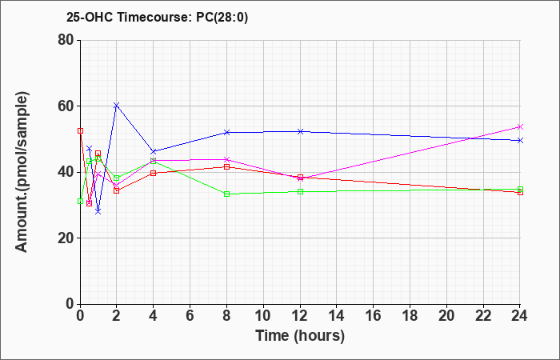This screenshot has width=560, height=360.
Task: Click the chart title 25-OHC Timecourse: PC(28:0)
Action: pyautogui.click(x=157, y=17)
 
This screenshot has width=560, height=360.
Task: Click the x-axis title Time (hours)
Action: pyautogui.click(x=300, y=336)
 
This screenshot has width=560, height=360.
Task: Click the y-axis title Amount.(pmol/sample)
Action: pyautogui.click(x=22, y=172)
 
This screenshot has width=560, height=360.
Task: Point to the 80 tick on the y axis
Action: pyautogui.click(x=66, y=40)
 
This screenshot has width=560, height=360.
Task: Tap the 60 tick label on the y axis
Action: pyautogui.click(x=66, y=106)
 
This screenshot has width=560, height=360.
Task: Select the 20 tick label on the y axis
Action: pyautogui.click(x=66, y=238)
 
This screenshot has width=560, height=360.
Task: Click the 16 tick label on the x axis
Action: pyautogui.click(x=374, y=315)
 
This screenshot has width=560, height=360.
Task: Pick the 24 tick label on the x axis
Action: pyautogui.click(x=520, y=315)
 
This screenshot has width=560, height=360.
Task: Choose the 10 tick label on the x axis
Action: pyautogui.click(x=263, y=315)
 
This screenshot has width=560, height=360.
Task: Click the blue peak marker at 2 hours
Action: pyautogui.click(x=117, y=105)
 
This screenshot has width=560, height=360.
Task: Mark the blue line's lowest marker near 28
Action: pyautogui.click(x=98, y=212)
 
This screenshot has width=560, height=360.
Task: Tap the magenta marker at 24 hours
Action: pyautogui.click(x=520, y=126)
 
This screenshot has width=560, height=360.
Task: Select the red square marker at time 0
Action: pyautogui.click(x=80, y=130)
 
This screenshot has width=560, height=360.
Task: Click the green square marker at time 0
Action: pyautogui.click(x=80, y=202)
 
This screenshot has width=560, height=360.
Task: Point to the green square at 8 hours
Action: pyautogui.click(x=226, y=194)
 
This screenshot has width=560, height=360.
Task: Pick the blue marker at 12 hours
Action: pyautogui.click(x=300, y=131)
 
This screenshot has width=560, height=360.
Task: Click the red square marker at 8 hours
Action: pyautogui.click(x=226, y=166)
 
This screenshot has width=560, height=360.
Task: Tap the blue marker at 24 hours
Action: pyautogui.click(x=520, y=140)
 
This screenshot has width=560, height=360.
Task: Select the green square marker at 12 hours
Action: pyautogui.click(x=300, y=191)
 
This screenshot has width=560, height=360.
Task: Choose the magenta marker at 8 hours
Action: pyautogui.click(x=226, y=159)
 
